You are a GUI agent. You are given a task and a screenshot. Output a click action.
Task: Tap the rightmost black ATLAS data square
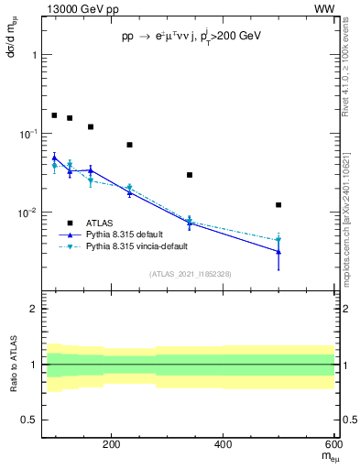(278, 205)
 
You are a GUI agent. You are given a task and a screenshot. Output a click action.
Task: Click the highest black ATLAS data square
(54, 115)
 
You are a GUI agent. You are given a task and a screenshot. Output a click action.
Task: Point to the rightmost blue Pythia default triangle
(278, 251)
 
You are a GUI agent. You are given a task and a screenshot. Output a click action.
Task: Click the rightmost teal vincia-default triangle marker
(278, 240)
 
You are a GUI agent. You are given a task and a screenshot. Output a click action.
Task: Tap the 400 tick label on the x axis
(223, 444)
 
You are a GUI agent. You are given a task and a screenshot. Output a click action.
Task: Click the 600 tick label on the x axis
(333, 444)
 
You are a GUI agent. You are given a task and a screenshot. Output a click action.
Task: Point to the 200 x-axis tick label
(112, 444)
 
